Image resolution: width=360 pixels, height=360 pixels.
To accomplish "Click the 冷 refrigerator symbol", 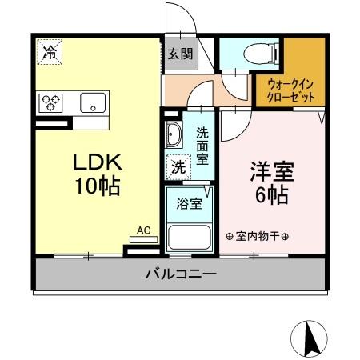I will pos(50,54).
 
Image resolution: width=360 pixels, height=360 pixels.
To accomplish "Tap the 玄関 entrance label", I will pos(179,54).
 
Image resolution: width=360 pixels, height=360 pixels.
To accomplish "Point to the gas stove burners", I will pos(51,102).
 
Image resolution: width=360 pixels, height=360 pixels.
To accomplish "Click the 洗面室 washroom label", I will pos(202,147).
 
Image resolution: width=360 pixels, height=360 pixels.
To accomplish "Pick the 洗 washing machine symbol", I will pos(177,168).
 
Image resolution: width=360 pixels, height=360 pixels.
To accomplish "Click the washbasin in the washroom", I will pos(174,136).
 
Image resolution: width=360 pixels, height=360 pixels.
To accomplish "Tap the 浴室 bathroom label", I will pos(189,202).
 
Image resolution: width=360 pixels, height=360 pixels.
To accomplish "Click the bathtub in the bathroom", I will pos(189,237).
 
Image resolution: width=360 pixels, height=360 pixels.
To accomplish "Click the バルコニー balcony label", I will pos(180,274).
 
